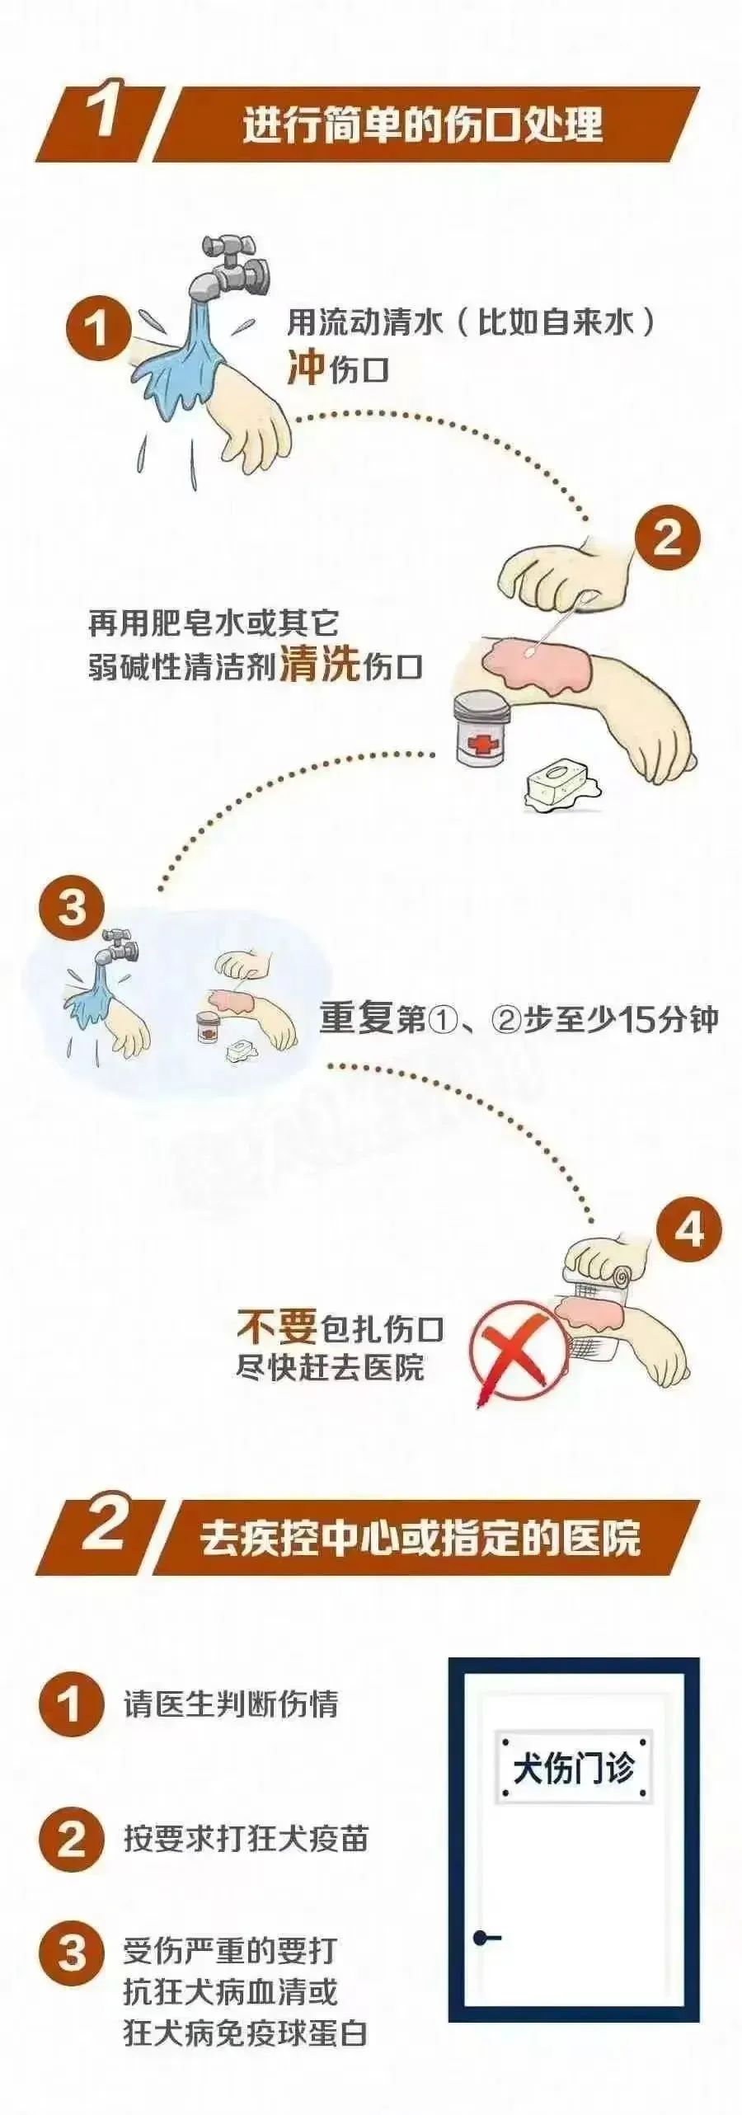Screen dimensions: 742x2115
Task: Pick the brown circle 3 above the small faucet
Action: pyautogui.click(x=72, y=909)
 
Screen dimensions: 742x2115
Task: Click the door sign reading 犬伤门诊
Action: pyautogui.click(x=574, y=1767)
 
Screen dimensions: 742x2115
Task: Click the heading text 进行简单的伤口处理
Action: pyautogui.click(x=422, y=125)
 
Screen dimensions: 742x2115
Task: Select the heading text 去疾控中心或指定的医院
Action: pyautogui.click(x=420, y=1539)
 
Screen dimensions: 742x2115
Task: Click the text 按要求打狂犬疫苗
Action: pyautogui.click(x=246, y=1839)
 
